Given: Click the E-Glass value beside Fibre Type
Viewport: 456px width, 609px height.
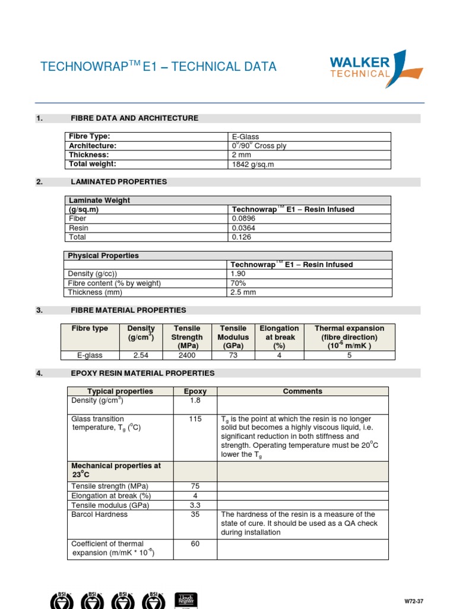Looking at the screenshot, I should pyautogui.click(x=245, y=137).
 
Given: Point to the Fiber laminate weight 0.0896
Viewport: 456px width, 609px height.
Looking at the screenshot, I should pyautogui.click(x=243, y=218).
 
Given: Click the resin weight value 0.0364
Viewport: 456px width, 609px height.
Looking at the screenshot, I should pyautogui.click(x=243, y=228).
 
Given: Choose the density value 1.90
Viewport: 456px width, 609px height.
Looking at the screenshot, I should pyautogui.click(x=239, y=274).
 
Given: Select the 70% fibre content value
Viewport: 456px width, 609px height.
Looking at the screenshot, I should pyautogui.click(x=238, y=283).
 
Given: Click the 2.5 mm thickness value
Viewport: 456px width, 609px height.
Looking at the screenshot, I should pyautogui.click(x=242, y=292).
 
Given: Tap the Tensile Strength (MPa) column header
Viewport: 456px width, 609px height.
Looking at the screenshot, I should pyautogui.click(x=187, y=337).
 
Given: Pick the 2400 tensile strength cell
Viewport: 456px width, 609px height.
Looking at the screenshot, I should pyautogui.click(x=187, y=355).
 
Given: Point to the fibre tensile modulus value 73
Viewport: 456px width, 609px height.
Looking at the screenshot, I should pyautogui.click(x=233, y=355).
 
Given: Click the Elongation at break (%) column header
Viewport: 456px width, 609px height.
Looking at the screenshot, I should pyautogui.click(x=279, y=337).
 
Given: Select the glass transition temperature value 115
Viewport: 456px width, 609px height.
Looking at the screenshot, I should pyautogui.click(x=195, y=419).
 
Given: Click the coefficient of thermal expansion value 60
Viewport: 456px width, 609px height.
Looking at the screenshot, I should pyautogui.click(x=195, y=544).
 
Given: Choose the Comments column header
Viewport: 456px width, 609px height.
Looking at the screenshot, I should pyautogui.click(x=302, y=391).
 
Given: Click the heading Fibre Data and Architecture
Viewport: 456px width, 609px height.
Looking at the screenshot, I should pyautogui.click(x=134, y=118).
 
